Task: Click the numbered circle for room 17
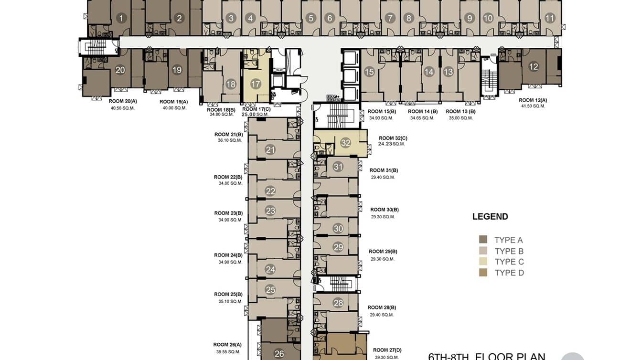(256, 84)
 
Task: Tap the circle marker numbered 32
(345, 143)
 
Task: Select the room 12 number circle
(534, 67)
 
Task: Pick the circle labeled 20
(120, 70)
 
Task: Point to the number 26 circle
(279, 354)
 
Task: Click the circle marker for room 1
(121, 19)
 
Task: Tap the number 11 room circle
(550, 19)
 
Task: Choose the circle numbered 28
(338, 303)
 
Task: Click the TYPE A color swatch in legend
(483, 240)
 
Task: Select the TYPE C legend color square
(483, 262)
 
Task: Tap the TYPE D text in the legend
(509, 273)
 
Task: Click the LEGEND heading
(490, 216)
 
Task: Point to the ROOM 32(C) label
(393, 138)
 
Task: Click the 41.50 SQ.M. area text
(533, 106)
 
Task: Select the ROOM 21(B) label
(228, 134)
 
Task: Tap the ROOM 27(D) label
(387, 350)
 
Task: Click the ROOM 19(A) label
(173, 102)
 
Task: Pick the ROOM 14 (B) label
(423, 111)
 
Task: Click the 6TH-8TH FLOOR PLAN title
(486, 356)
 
